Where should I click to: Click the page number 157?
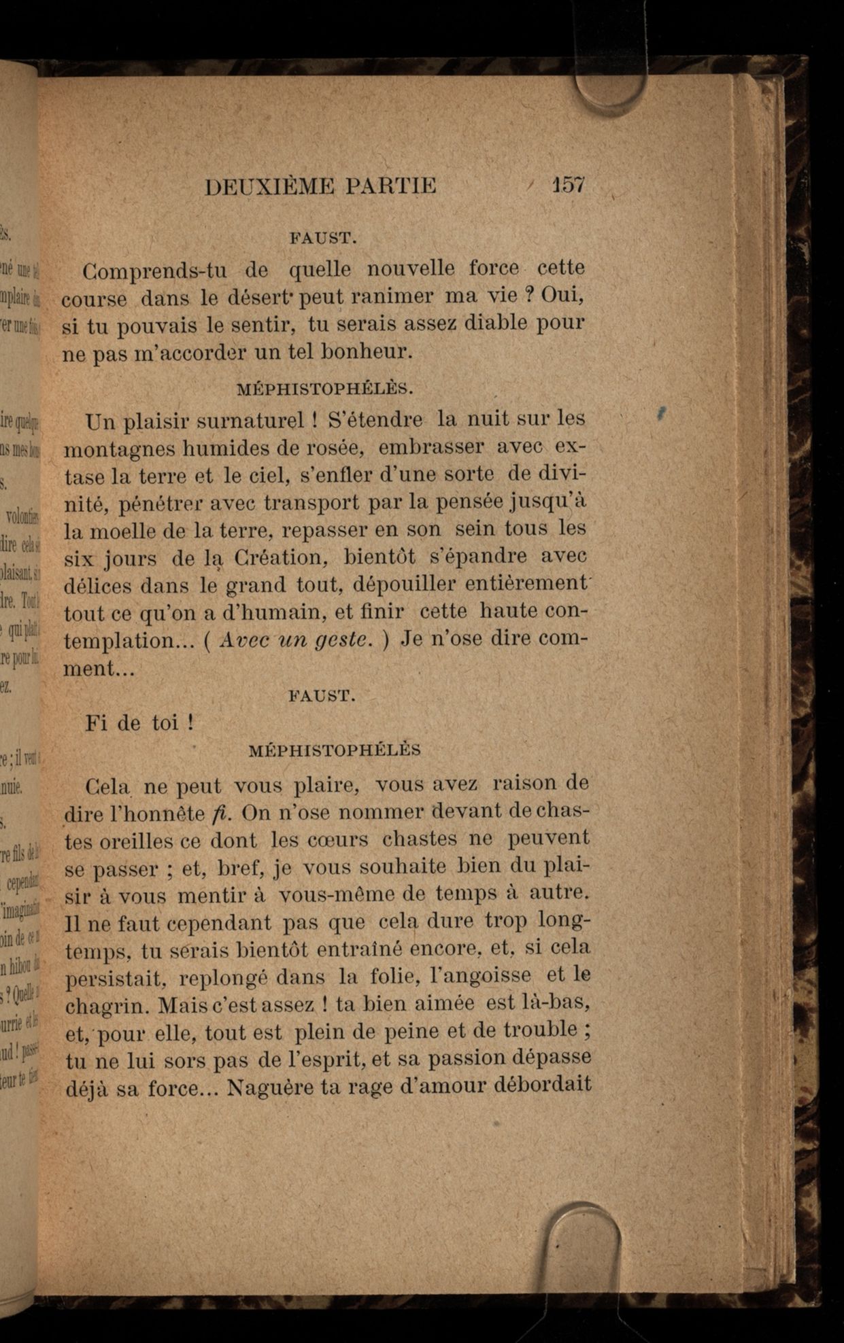[x=569, y=185]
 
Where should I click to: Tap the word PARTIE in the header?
[x=390, y=186]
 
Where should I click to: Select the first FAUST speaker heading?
[x=323, y=239]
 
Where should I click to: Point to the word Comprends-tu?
[x=155, y=271]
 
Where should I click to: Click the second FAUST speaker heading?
[x=322, y=695]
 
